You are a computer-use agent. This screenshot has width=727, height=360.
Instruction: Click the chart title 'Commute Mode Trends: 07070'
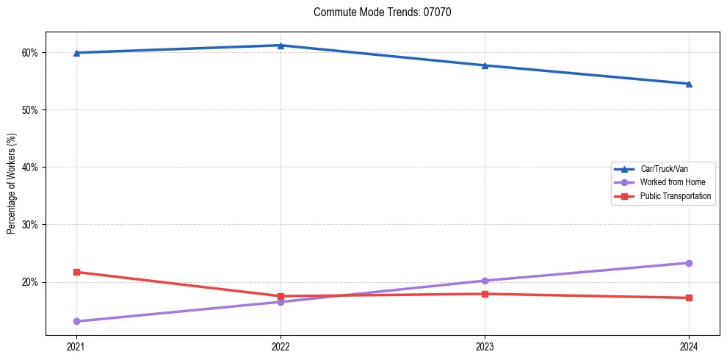click(377, 12)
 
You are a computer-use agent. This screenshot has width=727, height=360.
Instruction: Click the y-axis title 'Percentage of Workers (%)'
click(11, 184)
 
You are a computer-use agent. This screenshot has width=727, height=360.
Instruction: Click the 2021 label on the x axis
click(76, 346)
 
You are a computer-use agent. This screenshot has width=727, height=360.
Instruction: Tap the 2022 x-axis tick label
click(280, 346)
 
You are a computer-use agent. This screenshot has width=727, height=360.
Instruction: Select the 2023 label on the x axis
click(485, 346)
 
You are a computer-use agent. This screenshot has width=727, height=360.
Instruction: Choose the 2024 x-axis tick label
click(689, 346)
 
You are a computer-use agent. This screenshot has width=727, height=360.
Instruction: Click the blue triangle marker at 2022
click(280, 46)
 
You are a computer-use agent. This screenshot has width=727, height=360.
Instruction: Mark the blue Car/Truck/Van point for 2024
click(689, 84)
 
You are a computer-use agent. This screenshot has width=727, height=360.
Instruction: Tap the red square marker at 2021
click(76, 272)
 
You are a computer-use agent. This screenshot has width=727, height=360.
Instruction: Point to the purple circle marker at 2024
click(689, 263)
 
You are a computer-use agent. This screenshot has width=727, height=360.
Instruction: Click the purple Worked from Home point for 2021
click(76, 321)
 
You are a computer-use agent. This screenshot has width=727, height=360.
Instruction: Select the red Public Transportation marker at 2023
click(485, 294)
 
